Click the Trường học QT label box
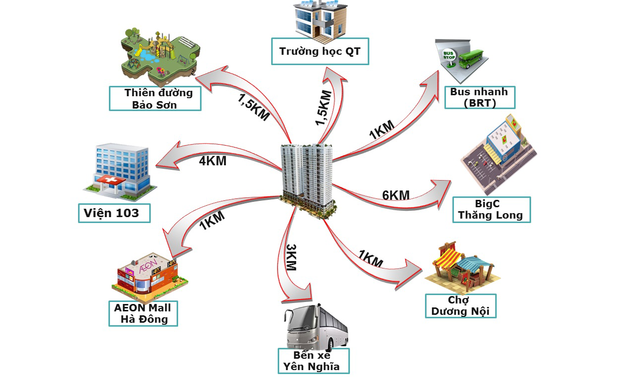click(x=320, y=51)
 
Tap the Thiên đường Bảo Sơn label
click(x=155, y=98)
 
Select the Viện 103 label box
click(x=114, y=214)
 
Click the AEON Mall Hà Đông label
click(x=143, y=313)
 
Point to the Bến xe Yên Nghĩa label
click(x=313, y=361)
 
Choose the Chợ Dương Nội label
click(x=461, y=306)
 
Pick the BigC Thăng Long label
click(x=491, y=210)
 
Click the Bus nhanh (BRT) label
click(x=479, y=97)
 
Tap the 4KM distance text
click(x=213, y=160)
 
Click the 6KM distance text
click(x=396, y=195)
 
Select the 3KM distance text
click(x=291, y=257)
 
